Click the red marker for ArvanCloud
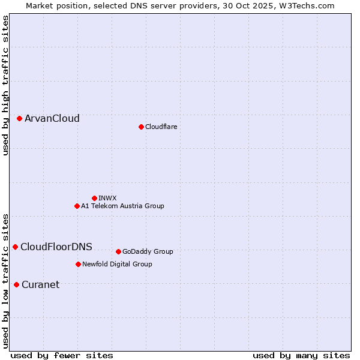coord(20,119)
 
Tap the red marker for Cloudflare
coord(141,127)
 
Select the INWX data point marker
coord(94,198)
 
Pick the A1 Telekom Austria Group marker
coord(77,206)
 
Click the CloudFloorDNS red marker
coord(16,247)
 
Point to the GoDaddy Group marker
coord(118,251)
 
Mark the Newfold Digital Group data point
coord(78,264)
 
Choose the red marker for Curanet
coord(16,284)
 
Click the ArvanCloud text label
coord(52,119)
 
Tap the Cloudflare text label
coord(161,127)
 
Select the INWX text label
coord(107,198)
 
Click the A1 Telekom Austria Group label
coord(122,206)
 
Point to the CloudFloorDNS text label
coord(56,247)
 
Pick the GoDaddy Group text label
coord(148,251)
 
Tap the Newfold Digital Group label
coord(117,264)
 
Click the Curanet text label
coord(41,284)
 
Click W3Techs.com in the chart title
coord(310,5)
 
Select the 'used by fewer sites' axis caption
coord(62,355)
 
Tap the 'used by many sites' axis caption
coord(301,355)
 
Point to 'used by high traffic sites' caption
coord(5,85)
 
